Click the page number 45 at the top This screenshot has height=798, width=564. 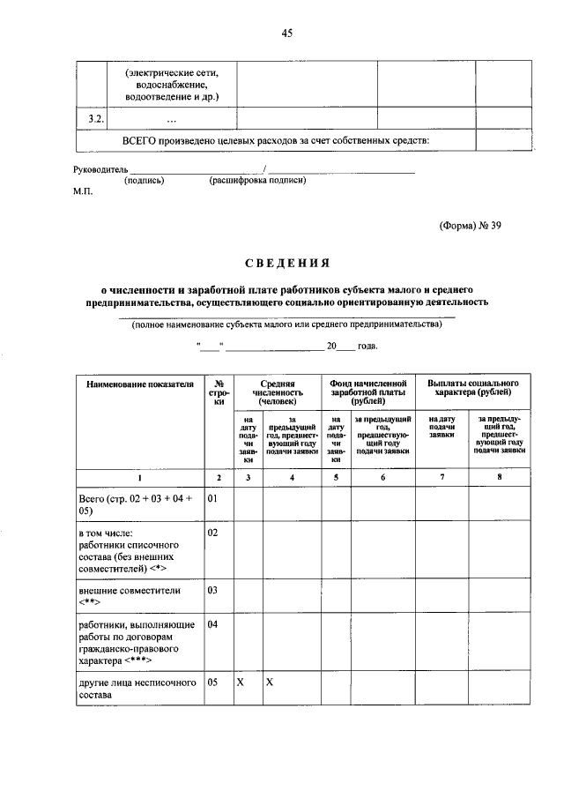[286, 34]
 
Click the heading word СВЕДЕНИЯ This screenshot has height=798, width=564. [286, 262]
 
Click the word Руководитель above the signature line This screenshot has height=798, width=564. [100, 168]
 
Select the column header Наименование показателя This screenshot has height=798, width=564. [138, 384]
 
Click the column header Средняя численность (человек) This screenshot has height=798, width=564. [276, 390]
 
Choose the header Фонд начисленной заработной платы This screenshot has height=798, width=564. [367, 390]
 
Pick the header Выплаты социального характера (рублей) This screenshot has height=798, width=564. [473, 390]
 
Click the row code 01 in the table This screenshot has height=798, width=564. [211, 499]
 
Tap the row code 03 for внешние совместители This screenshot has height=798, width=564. [211, 590]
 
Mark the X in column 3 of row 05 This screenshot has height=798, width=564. [240, 682]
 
